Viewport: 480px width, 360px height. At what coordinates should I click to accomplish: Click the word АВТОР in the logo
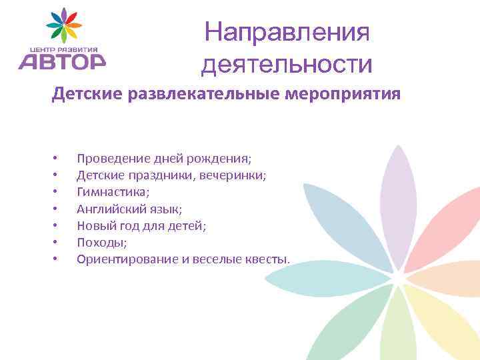pos(61,61)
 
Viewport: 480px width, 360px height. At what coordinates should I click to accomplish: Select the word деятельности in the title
pos(287,65)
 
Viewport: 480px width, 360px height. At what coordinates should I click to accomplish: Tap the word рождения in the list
pos(222,159)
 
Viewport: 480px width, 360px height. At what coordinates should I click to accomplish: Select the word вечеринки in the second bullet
pos(238,175)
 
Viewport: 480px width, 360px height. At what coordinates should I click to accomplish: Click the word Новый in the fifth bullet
pos(93,225)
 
